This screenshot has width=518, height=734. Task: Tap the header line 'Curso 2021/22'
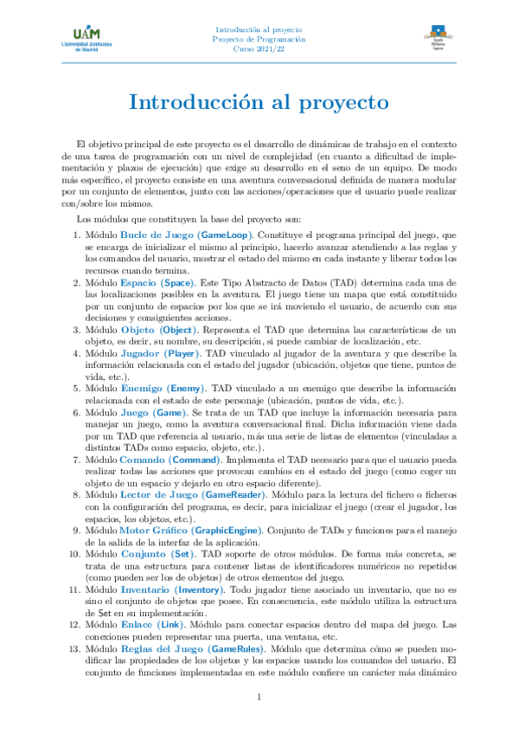pyautogui.click(x=259, y=49)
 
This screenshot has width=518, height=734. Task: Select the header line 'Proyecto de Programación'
pyautogui.click(x=259, y=39)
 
